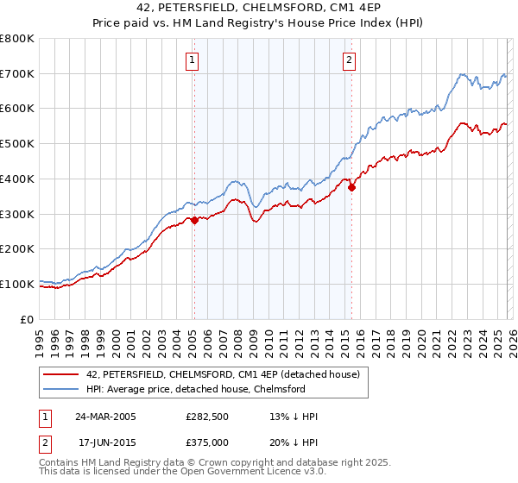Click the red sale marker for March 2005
click(194, 220)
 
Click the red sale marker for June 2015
click(351, 187)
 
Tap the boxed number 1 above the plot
click(192, 60)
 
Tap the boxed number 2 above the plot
click(349, 60)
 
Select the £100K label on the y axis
click(17, 284)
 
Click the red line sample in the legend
click(61, 373)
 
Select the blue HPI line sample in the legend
click(61, 389)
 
